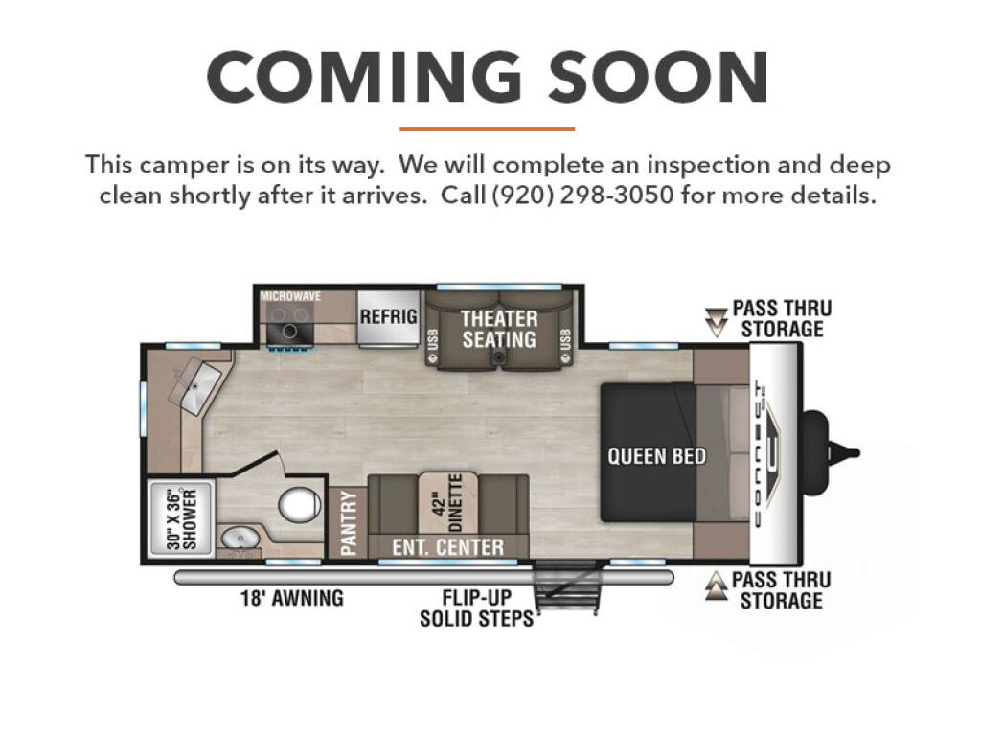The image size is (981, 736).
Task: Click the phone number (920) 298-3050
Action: coord(583,195)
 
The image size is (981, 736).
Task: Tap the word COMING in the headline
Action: coord(365,77)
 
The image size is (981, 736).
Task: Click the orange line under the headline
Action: coord(487,129)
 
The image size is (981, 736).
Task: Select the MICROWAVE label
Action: coord(290,296)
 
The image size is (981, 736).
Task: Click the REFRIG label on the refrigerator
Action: coord(388,316)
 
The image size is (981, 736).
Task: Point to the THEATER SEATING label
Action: coord(499,330)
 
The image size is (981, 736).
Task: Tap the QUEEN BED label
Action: coord(656,456)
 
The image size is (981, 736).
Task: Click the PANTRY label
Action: coord(349,523)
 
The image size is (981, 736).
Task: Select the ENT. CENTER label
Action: coord(448,547)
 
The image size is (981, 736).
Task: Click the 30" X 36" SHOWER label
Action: coord(182,519)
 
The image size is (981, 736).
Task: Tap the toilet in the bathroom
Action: coord(299,504)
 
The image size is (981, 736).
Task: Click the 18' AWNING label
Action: coord(292,598)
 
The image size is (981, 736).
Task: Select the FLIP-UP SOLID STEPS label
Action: coord(476,608)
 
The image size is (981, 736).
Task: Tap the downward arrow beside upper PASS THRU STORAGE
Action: coord(716,322)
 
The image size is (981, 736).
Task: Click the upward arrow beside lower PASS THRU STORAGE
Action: coord(716,586)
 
